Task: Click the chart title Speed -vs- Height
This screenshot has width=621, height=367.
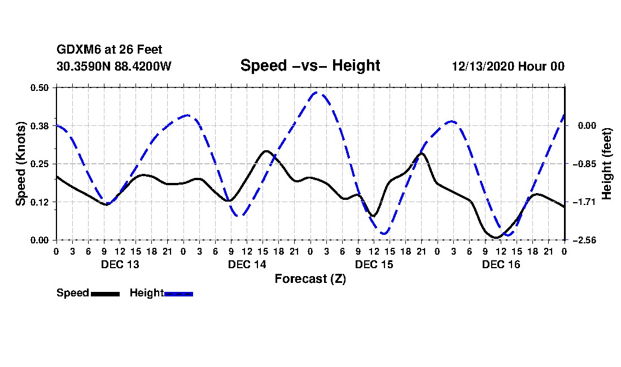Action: (x=310, y=65)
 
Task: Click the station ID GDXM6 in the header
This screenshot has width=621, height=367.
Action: (x=73, y=50)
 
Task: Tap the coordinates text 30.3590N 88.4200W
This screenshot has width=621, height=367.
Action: (x=114, y=66)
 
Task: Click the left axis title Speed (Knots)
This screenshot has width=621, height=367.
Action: (x=20, y=164)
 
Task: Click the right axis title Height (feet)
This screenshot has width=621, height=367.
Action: (x=607, y=164)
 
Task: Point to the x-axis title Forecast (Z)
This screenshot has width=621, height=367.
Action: (x=310, y=278)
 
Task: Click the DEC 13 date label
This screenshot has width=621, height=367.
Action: (x=120, y=264)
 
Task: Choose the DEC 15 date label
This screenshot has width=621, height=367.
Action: (x=374, y=264)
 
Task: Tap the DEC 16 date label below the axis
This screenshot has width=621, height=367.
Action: (x=501, y=264)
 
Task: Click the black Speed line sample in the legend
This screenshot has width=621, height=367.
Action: (x=105, y=294)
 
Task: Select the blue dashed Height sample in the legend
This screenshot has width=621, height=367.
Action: (x=178, y=294)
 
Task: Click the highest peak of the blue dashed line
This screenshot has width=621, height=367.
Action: (x=316, y=92)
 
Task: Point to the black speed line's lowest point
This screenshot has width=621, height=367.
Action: (x=495, y=238)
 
